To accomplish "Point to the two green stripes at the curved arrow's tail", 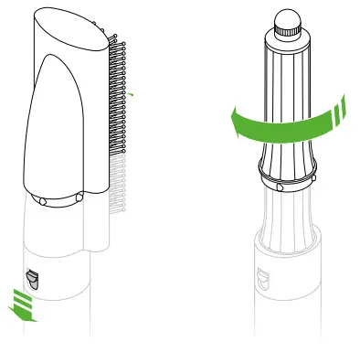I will click(340, 111).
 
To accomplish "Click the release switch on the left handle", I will click(30, 277).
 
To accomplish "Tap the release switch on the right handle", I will click(263, 275).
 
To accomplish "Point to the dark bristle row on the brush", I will click(117, 101).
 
